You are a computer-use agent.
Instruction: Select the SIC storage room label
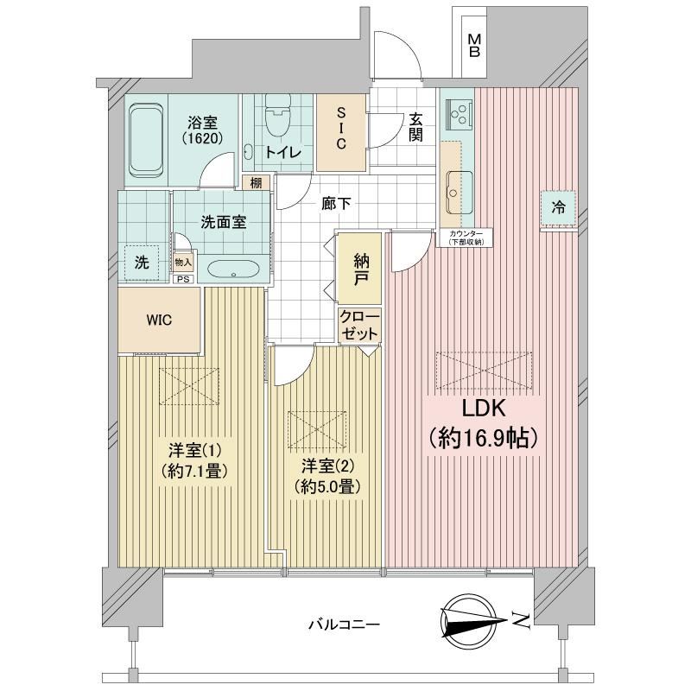point(341,129)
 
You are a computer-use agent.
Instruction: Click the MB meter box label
point(474,47)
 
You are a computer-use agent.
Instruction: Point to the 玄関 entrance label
point(415,127)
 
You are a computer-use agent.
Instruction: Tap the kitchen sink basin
point(460,191)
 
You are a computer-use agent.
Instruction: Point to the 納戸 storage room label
point(361,269)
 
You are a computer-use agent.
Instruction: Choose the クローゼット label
point(359,326)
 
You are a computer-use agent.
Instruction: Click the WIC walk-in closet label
point(159,320)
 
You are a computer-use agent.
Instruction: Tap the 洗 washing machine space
point(142,263)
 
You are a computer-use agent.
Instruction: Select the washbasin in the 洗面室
point(232,269)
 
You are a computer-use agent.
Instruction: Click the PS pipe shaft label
point(183,279)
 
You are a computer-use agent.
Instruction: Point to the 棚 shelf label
point(256,183)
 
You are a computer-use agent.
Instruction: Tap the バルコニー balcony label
point(344,624)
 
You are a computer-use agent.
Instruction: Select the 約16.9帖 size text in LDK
point(484,438)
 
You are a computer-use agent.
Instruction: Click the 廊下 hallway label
point(336,204)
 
